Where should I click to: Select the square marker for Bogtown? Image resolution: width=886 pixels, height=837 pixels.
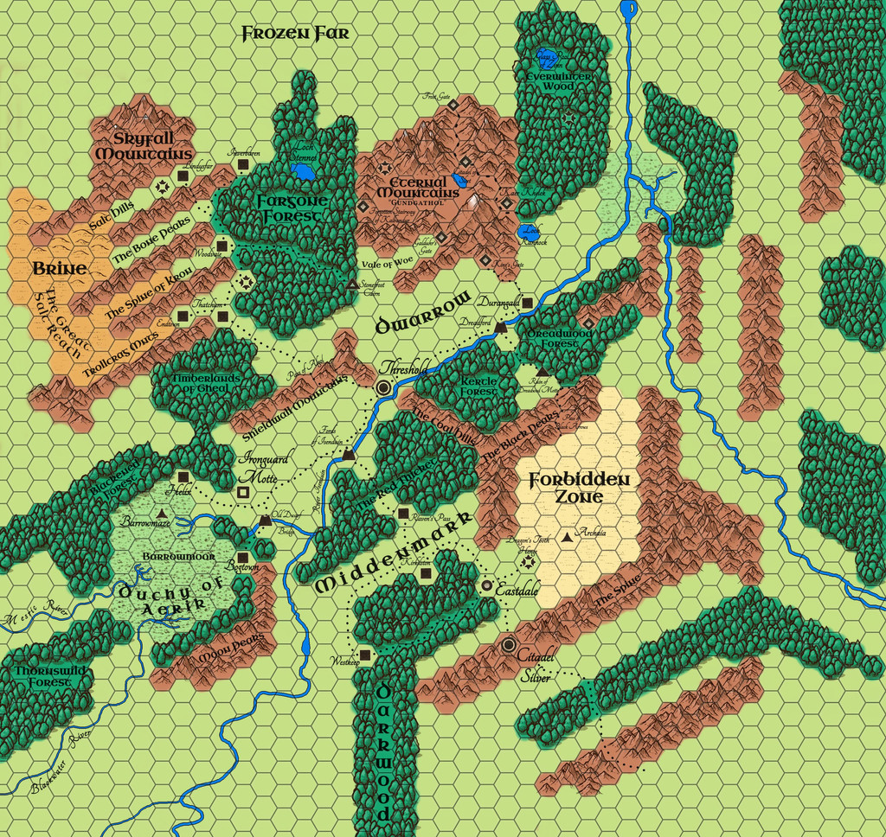tap(243, 557)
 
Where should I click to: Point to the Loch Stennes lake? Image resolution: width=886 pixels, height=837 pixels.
tap(303, 173)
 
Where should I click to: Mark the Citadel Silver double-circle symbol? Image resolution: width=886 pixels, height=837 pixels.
tap(509, 644)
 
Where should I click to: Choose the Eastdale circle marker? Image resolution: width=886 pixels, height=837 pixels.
tap(487, 585)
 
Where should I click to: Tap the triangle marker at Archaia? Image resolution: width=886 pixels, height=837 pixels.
tap(567, 537)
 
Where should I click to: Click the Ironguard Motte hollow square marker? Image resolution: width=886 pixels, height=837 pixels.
tap(243, 492)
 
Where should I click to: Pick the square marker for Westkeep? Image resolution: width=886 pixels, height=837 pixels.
tap(365, 655)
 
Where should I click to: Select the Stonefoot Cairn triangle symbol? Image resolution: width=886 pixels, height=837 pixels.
tap(352, 284)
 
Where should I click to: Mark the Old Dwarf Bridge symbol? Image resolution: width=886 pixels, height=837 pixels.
tap(265, 519)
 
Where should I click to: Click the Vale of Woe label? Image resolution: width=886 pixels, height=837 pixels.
tap(388, 262)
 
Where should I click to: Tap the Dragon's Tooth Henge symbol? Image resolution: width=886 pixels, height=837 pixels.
tap(528, 561)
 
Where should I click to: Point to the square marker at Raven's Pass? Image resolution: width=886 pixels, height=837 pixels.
tap(403, 514)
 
